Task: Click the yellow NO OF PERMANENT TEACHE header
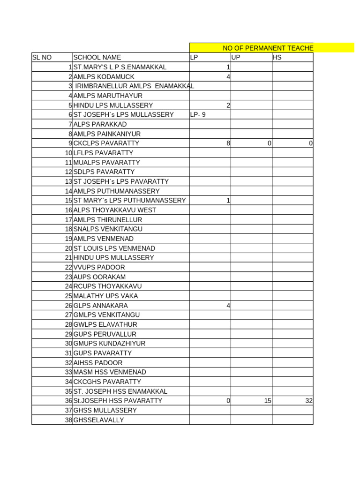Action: [268, 48]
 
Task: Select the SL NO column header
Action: [42, 58]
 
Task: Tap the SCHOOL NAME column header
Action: [97, 58]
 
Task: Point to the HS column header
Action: [277, 58]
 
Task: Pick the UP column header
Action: [236, 58]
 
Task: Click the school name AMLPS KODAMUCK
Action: [104, 77]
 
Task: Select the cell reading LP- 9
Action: [198, 115]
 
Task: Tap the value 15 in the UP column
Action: [268, 401]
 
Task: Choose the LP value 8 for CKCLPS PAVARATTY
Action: [228, 143]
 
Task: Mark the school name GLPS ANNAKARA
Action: [100, 306]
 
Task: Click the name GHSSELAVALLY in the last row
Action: [98, 420]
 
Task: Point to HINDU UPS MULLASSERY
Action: [113, 258]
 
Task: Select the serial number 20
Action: [68, 248]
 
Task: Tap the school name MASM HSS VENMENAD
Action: [111, 372]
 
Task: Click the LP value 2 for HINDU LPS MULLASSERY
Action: [228, 105]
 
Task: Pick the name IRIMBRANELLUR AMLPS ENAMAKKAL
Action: [135, 86]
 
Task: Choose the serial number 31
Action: [68, 353]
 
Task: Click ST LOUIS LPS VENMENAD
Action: [114, 248]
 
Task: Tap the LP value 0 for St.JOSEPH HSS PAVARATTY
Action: [228, 401]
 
